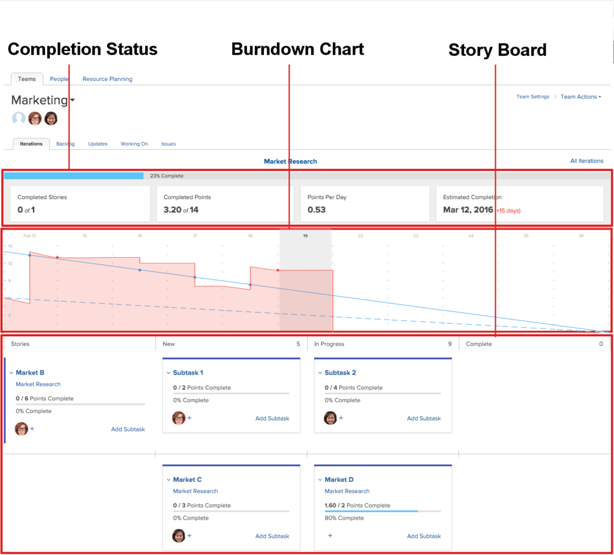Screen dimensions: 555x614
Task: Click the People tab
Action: tap(59, 79)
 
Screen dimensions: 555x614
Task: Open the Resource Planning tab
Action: tap(107, 79)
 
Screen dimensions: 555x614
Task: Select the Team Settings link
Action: tap(532, 96)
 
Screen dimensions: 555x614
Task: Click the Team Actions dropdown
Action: tap(580, 96)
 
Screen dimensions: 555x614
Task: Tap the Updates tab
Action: tap(98, 144)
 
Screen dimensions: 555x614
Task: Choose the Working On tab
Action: tap(134, 144)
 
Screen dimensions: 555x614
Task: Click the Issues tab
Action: tap(168, 144)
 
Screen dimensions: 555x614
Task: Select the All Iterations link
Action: tap(586, 161)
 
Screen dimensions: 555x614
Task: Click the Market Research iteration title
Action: tap(290, 161)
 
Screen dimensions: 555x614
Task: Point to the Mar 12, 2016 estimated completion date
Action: tap(468, 210)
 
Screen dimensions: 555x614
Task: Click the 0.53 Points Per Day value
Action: tap(317, 210)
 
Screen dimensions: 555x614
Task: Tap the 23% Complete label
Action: tap(167, 176)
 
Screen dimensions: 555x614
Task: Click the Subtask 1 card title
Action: tap(188, 373)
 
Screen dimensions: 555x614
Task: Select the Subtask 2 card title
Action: tap(340, 373)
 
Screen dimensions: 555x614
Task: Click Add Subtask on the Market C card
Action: tap(272, 536)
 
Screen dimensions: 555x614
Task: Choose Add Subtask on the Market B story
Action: tap(128, 429)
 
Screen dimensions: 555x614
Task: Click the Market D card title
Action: tap(339, 479)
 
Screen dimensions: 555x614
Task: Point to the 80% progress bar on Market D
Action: tap(371, 511)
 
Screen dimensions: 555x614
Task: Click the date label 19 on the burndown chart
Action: tap(305, 236)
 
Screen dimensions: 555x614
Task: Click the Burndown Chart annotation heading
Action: tap(297, 49)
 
